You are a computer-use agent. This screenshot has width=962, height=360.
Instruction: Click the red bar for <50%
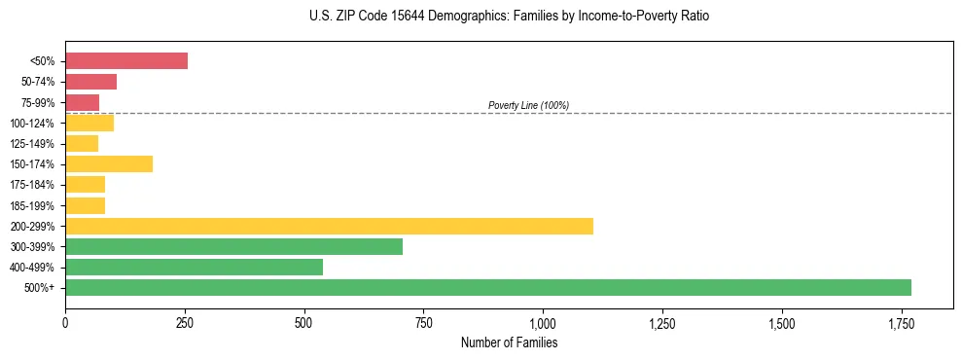[x=126, y=60]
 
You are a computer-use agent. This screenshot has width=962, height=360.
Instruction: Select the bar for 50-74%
[x=90, y=82]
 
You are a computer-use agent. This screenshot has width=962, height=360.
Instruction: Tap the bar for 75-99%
[x=82, y=102]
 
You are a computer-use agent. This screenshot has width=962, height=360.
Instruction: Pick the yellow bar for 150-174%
[x=109, y=163]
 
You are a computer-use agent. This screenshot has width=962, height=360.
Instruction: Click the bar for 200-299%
[x=329, y=226]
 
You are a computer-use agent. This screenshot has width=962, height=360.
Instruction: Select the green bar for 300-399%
[x=233, y=246]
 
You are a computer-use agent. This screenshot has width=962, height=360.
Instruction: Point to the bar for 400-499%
[x=194, y=267]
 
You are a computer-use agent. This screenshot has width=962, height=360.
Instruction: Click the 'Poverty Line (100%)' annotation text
[x=528, y=105]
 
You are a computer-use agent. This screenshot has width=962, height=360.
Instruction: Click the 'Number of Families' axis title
[x=509, y=342]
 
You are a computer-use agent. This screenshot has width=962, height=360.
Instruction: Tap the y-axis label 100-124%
[x=33, y=124]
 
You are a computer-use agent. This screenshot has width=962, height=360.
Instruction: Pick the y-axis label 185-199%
[x=33, y=205]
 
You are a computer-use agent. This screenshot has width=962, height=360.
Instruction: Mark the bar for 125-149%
[x=82, y=143]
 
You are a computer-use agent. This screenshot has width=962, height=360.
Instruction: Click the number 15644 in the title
[x=403, y=17]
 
